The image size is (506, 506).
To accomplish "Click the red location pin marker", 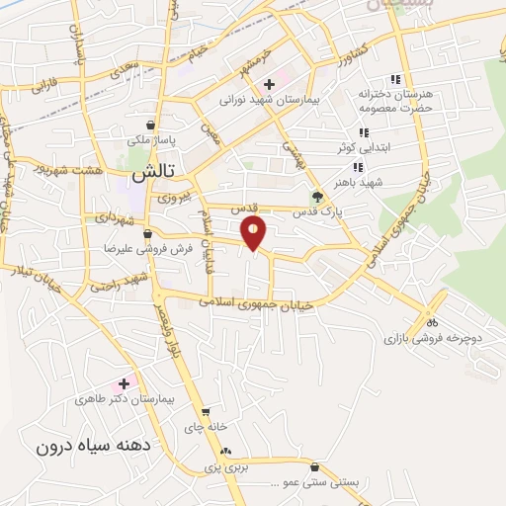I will pos(254,233).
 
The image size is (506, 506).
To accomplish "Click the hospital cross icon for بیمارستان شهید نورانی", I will pos(269,84).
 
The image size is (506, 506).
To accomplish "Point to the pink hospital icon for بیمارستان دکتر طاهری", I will pos(124,383).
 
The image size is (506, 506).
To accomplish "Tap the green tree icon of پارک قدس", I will pos(317,196).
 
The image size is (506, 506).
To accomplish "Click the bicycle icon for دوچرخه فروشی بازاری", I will pos(431,322).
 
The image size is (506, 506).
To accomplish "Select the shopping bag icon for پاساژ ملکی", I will pos(149,126).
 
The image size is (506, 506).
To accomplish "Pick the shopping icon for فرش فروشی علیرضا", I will pos(147,235).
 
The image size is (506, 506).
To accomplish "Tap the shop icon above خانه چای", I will pos(205,412).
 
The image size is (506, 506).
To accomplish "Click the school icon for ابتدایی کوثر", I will pos(364,131).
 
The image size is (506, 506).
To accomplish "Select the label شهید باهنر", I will pos(356,184).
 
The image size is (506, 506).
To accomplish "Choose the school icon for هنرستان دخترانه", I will pos(395,79).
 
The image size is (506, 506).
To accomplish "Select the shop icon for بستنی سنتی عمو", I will pos(315,466).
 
